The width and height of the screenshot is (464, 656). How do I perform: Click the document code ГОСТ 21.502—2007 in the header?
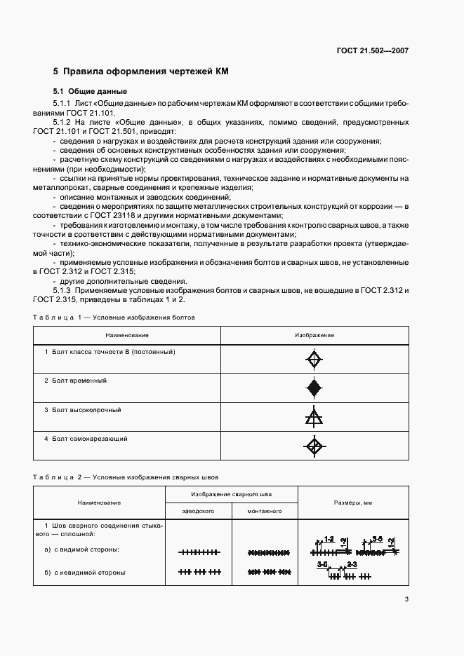[x=373, y=51]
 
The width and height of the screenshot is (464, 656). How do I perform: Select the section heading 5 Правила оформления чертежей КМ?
[x=141, y=71]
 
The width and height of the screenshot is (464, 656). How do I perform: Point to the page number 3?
[x=406, y=599]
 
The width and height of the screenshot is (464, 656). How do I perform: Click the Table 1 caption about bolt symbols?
[x=114, y=317]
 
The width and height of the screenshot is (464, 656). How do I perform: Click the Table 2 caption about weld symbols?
[x=126, y=477]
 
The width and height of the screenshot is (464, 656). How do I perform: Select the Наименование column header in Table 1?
[x=128, y=335]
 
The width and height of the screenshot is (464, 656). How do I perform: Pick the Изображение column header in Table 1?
[x=314, y=335]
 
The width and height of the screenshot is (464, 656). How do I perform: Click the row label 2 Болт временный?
[x=75, y=380]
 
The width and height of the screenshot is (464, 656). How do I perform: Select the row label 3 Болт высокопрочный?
[x=82, y=409]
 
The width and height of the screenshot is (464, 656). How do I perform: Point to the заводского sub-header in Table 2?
[x=198, y=512]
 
